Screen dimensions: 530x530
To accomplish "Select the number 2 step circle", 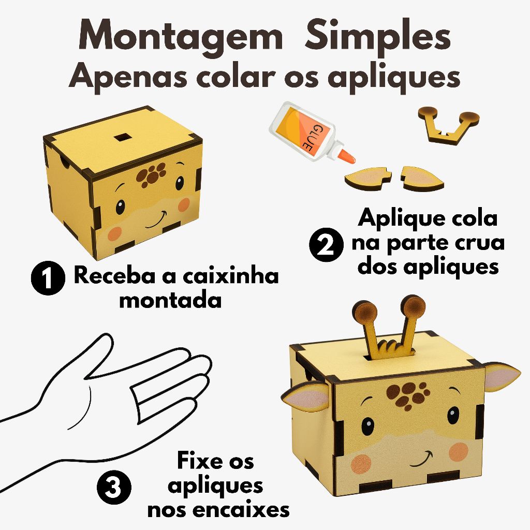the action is coord(326,244).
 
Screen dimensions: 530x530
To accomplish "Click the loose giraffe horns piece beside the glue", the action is coord(449,125).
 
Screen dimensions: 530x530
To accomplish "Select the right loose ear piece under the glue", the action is coord(422,178).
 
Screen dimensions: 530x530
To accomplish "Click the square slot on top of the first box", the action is coord(122,137).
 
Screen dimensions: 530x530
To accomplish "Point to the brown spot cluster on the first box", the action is coord(151,174).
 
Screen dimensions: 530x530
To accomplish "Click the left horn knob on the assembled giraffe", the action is coord(365,312).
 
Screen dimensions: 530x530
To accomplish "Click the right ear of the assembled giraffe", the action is coord(502,376).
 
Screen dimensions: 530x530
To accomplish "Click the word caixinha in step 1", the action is coord(231,275).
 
